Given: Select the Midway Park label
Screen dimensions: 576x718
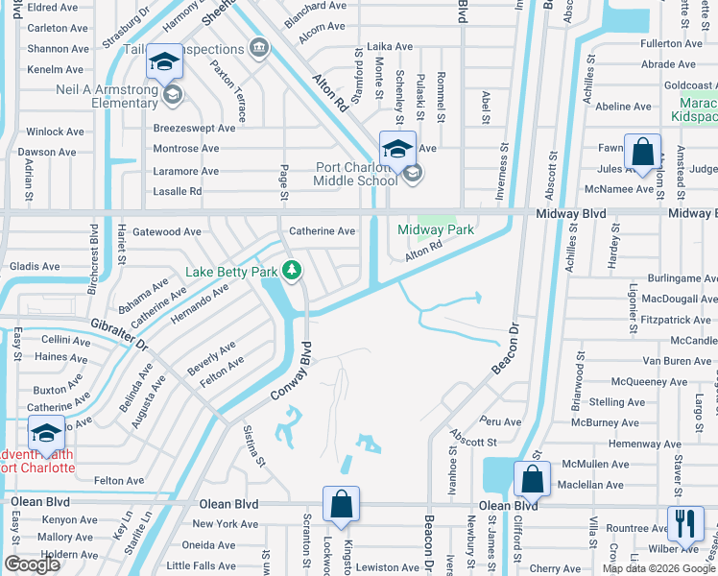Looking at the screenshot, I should pyautogui.click(x=436, y=230).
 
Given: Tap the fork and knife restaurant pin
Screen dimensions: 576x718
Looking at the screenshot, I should pyautogui.click(x=685, y=524).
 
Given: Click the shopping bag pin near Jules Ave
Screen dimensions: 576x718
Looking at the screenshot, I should pyautogui.click(x=642, y=152).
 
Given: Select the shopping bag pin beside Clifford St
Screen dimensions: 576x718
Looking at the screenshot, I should pyautogui.click(x=532, y=479).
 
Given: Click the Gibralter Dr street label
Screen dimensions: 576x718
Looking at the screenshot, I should pyautogui.click(x=115, y=334).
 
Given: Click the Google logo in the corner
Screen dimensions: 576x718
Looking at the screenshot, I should pyautogui.click(x=32, y=564).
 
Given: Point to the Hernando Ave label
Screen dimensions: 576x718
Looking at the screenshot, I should pyautogui.click(x=201, y=303).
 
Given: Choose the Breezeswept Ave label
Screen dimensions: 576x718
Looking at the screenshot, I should pyautogui.click(x=194, y=128).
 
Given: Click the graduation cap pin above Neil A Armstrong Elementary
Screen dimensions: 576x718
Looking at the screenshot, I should pyautogui.click(x=164, y=63).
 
